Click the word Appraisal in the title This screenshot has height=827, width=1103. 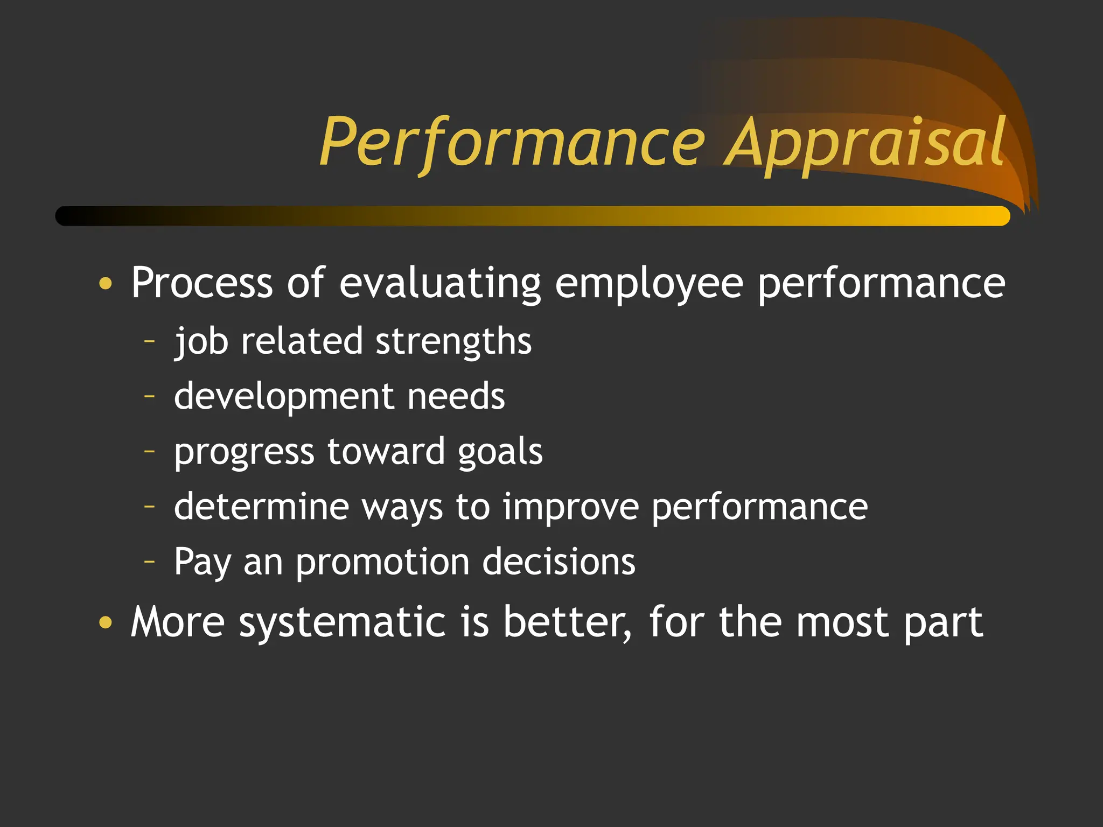click(864, 143)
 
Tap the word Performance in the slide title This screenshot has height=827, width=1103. click(512, 143)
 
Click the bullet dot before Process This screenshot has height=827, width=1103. click(106, 283)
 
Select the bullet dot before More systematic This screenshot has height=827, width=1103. click(106, 622)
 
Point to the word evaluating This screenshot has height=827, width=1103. click(440, 283)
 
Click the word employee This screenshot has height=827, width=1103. click(649, 283)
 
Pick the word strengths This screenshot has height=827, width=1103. click(453, 341)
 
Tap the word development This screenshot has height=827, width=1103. click(284, 397)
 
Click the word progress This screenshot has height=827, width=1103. click(244, 452)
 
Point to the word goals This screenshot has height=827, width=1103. click(500, 452)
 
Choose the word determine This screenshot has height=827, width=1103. click(261, 507)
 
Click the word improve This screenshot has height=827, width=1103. click(570, 508)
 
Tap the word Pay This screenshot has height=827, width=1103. click(202, 563)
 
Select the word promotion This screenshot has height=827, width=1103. click(382, 563)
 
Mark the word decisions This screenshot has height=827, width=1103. click(559, 562)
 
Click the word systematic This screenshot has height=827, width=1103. click(342, 622)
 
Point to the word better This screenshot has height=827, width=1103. click(567, 622)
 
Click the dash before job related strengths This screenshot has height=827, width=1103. click(150, 341)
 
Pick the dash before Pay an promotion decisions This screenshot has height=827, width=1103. click(150, 562)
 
